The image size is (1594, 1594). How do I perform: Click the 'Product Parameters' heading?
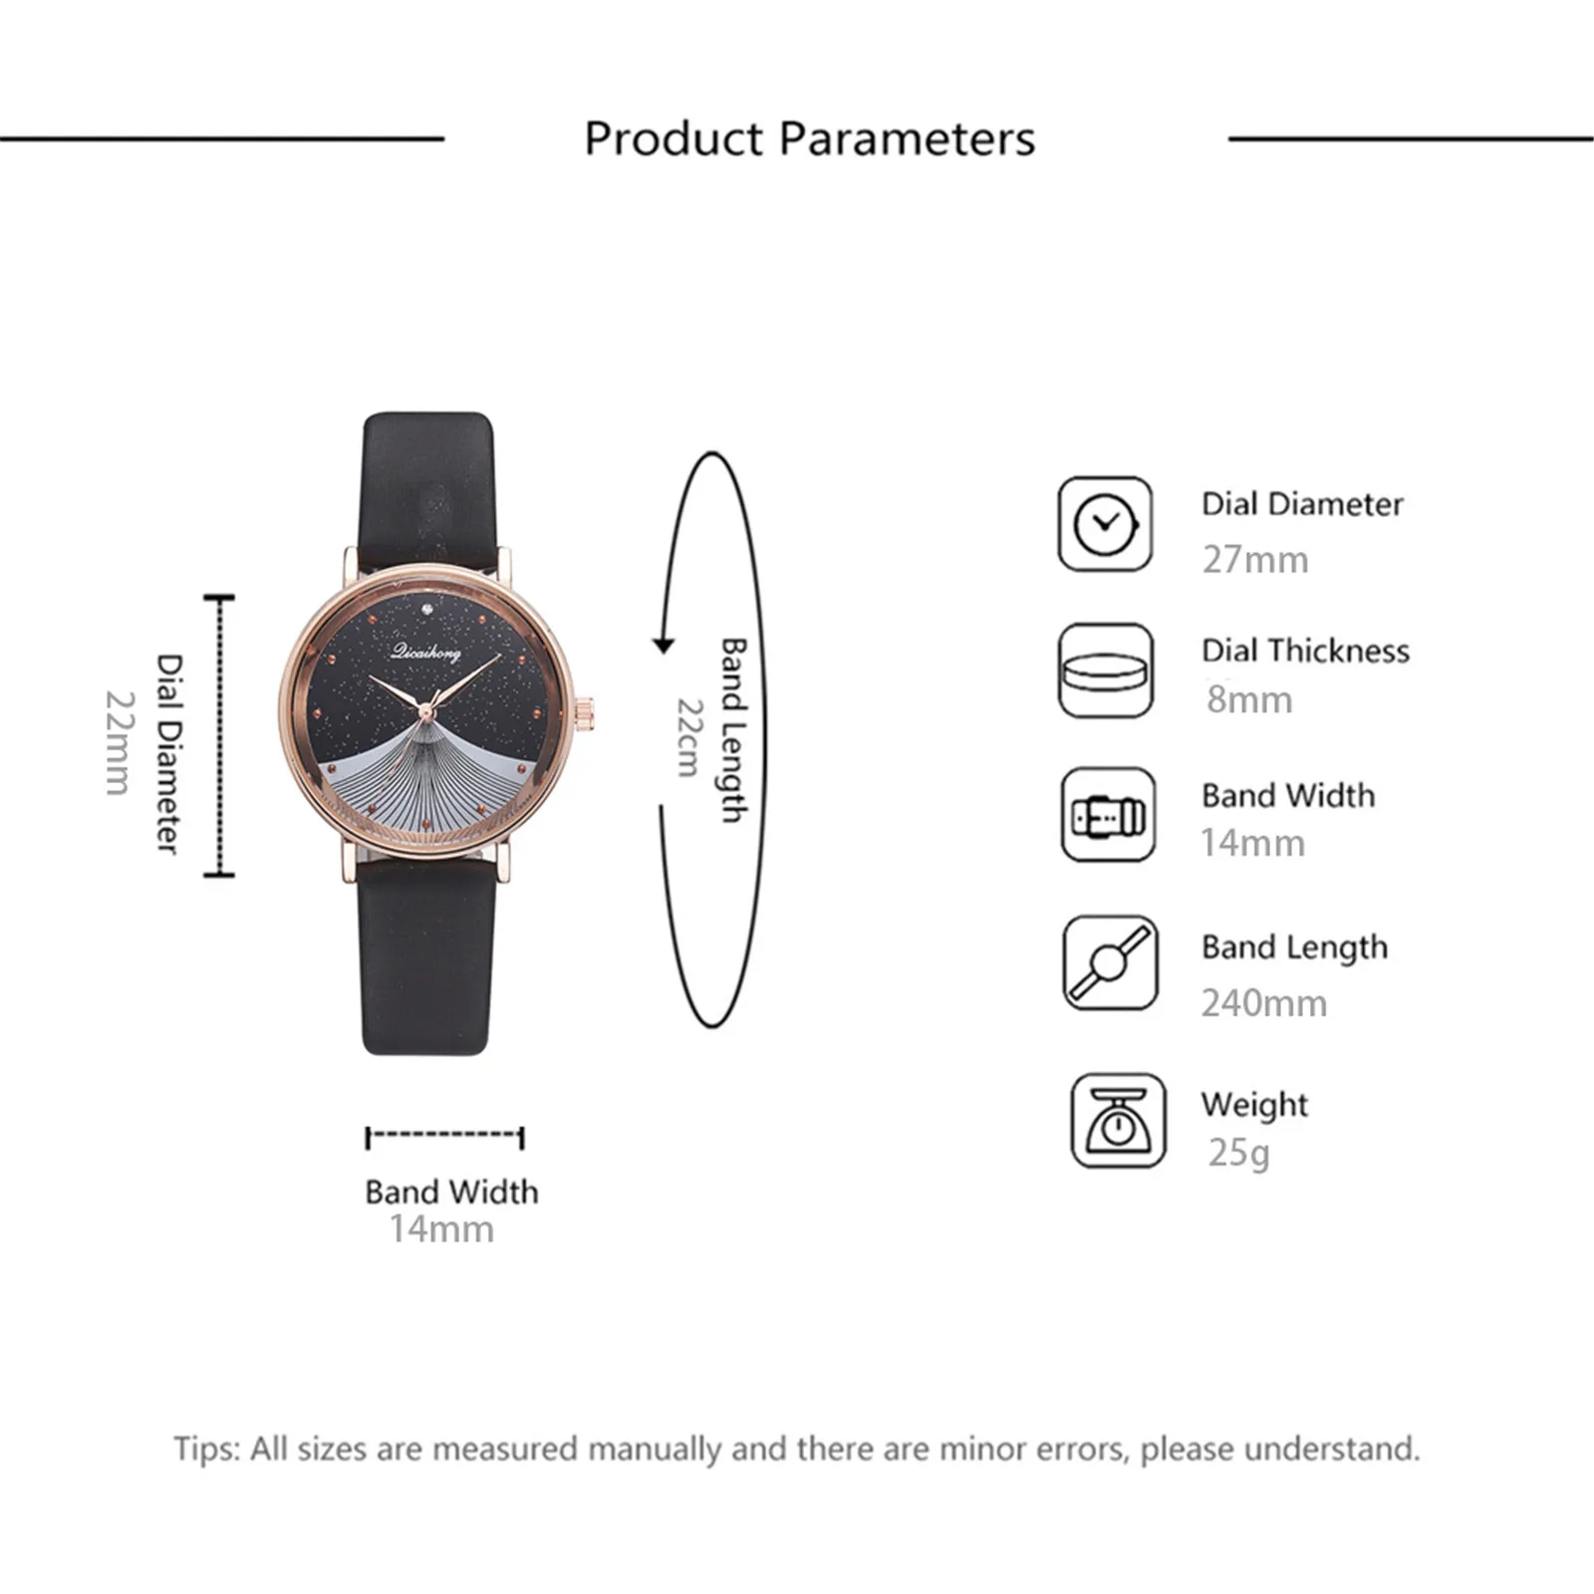pyautogui.click(x=809, y=138)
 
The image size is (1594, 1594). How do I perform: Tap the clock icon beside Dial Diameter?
pyautogui.click(x=1105, y=524)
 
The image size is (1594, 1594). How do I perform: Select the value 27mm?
pyautogui.click(x=1254, y=560)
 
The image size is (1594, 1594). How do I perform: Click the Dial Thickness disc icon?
pyautogui.click(x=1105, y=670)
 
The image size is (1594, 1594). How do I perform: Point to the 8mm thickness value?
pyautogui.click(x=1248, y=700)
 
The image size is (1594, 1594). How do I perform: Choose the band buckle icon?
pyautogui.click(x=1108, y=816)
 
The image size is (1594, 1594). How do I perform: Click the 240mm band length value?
pyautogui.click(x=1263, y=1003)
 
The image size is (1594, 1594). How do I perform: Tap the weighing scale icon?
pyautogui.click(x=1118, y=1121)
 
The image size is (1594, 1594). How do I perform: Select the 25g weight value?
pyautogui.click(x=1238, y=1153)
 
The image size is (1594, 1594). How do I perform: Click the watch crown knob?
pyautogui.click(x=588, y=709)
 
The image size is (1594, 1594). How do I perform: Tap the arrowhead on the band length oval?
pyautogui.click(x=664, y=646)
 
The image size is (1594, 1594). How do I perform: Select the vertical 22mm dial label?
pyautogui.click(x=118, y=742)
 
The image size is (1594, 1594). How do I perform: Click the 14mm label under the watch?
pyautogui.click(x=441, y=1229)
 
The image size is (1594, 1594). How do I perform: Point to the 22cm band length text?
pyautogui.click(x=689, y=737)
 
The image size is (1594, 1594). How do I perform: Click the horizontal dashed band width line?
pyautogui.click(x=444, y=1136)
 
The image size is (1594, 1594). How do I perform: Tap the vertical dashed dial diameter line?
pyautogui.click(x=219, y=736)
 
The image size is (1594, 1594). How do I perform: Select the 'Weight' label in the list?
pyautogui.click(x=1253, y=1104)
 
